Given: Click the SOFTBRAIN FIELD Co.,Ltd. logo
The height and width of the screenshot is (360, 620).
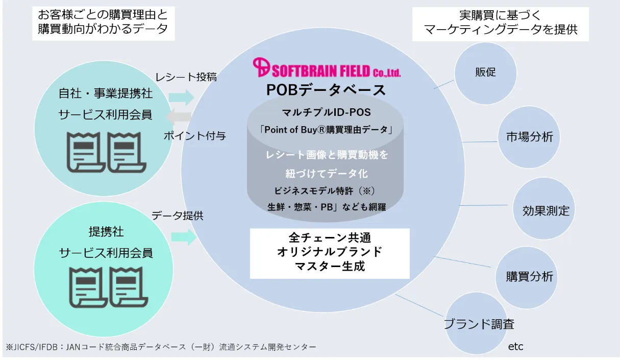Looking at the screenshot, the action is pos(327,67).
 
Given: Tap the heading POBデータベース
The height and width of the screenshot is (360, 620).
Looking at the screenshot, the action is pos(326,90).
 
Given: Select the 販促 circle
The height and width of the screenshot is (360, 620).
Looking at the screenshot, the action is pos(485,74).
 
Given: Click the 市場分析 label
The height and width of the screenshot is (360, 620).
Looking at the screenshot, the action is pos(530,137).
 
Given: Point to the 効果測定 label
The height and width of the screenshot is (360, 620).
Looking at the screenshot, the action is pos(546,211).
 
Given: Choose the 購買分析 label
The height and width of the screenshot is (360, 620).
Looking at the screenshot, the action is pos(530,277).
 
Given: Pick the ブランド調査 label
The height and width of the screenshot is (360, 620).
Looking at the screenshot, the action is pos(479,324).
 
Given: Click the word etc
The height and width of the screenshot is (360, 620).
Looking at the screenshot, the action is pos(516,347).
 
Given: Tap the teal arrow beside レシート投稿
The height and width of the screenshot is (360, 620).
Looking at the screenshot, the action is pos(181,98).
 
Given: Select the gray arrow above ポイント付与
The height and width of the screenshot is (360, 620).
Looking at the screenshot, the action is pos(179,116).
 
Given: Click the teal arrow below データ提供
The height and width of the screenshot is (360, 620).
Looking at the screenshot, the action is pos(184,237).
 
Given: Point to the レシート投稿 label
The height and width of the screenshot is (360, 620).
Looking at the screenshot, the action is pos(186,77).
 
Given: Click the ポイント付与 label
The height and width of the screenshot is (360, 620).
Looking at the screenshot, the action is pos(195,136).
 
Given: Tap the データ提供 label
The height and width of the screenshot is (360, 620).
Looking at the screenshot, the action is pos(178,215).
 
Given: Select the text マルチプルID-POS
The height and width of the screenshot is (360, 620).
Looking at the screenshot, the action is pos(327,112).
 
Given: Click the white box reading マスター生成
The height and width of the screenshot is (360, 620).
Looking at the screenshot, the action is pos(330,253).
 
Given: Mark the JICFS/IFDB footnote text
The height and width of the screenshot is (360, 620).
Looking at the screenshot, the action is pos(161,347).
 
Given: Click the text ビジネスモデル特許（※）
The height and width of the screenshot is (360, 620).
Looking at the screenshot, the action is pos(325,191).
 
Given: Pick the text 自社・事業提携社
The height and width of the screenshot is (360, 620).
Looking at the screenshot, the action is pos(106,93).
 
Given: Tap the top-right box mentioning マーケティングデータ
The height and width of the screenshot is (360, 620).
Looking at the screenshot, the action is pos(501,24).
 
